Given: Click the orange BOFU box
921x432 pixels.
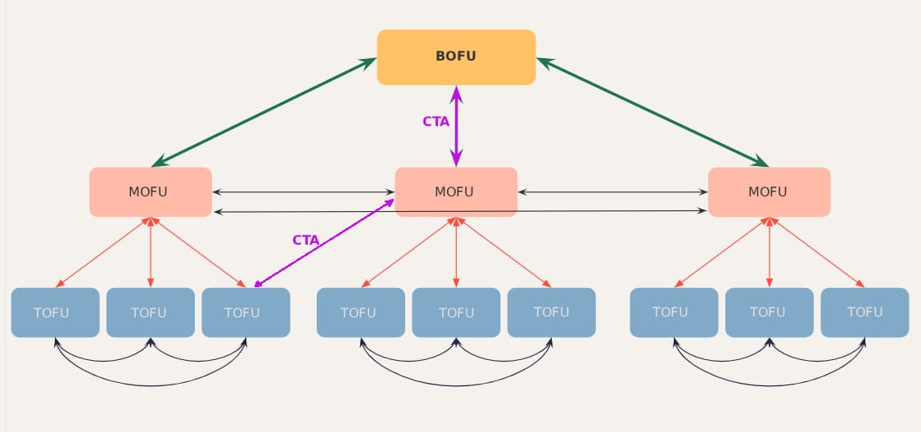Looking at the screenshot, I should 456,57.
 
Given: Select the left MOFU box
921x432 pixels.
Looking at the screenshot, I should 151,192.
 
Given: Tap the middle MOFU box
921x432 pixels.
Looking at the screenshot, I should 456,192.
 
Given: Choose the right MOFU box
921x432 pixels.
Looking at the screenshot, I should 769,192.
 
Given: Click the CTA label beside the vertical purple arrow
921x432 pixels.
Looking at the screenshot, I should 436,121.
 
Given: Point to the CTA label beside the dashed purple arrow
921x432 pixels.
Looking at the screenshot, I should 305,240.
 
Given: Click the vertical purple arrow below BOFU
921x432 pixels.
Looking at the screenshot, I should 457,127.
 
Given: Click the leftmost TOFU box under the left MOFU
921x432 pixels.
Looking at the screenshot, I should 55,313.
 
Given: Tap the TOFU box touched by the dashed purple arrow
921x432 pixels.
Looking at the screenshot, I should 246,313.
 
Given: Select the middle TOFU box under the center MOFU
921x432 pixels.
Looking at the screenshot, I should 456,313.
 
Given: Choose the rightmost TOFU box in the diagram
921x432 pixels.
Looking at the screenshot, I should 865,313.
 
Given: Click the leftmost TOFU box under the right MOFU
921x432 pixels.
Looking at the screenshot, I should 674,313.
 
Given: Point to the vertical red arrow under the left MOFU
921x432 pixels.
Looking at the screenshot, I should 151,253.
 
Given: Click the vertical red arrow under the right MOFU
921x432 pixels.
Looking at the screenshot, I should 769,253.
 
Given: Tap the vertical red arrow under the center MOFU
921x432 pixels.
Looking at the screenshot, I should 456,253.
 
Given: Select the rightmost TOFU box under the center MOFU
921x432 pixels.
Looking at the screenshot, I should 551,313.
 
